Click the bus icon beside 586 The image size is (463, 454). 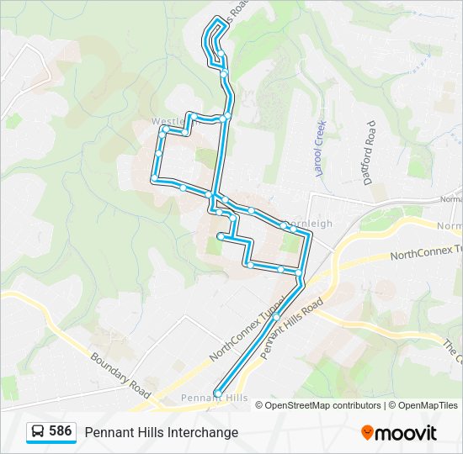coord(38,431)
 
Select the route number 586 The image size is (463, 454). coord(61,431)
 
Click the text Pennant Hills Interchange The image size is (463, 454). coord(161,432)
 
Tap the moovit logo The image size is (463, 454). coord(399,432)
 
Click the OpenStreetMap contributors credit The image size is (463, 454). coord(322,405)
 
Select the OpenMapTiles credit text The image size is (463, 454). coord(427,405)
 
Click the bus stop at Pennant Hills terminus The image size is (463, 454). coord(218,393)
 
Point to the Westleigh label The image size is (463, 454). coord(166,122)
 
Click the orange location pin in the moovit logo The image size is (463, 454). coord(367,432)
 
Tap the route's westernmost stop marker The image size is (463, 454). coord(155,178)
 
